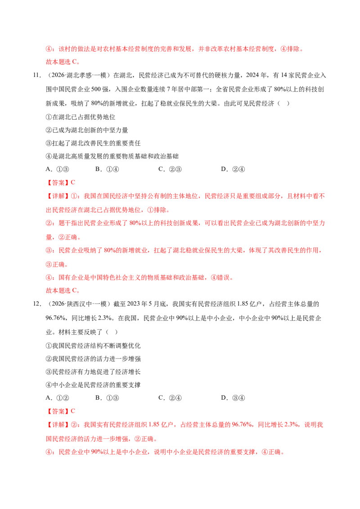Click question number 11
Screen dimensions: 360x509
click(37, 75)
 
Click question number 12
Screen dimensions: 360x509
click(37, 304)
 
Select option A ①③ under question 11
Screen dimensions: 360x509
click(58, 169)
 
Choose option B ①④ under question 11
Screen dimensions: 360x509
click(107, 169)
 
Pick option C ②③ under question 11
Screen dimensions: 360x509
click(170, 169)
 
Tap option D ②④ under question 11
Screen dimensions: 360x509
click(233, 169)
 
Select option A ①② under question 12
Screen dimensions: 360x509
click(58, 397)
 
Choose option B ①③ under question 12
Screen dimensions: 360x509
click(107, 397)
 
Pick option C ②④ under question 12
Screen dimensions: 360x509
click(170, 397)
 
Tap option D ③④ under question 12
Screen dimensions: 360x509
click(233, 397)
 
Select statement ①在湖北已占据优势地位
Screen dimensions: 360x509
click(81, 117)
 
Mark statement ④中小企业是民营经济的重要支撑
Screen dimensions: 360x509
click(93, 384)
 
